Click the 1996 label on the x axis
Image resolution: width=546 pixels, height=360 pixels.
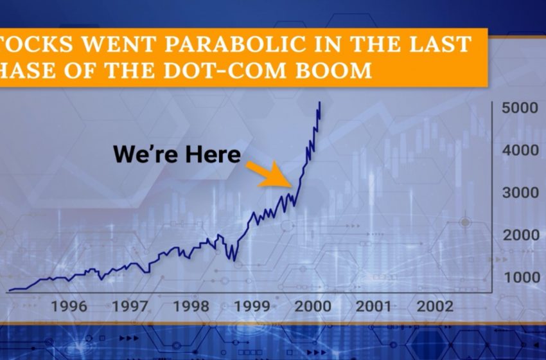point(69,307)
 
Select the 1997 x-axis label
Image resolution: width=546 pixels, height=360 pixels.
point(130,307)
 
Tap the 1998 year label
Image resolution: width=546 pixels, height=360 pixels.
point(191,307)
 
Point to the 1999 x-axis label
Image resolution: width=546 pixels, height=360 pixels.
point(252,307)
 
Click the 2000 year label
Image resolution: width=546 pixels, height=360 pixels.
point(313,307)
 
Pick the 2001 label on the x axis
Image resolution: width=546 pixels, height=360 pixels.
point(374,307)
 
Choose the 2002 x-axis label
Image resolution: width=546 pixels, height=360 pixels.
point(435,307)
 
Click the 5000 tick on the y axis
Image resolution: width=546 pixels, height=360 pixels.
point(520,108)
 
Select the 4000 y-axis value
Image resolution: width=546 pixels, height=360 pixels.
point(520,150)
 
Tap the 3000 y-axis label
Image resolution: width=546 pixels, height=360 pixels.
point(520,193)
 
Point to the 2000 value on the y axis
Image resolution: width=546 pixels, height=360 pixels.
point(520,235)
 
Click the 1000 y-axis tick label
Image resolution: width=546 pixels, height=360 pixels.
point(522,278)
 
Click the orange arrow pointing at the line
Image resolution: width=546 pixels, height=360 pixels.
point(269,174)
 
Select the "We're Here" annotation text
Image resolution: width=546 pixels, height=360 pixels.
point(177,154)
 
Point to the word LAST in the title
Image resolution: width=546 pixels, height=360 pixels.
point(440,44)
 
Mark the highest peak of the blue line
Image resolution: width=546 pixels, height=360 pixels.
point(320,102)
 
